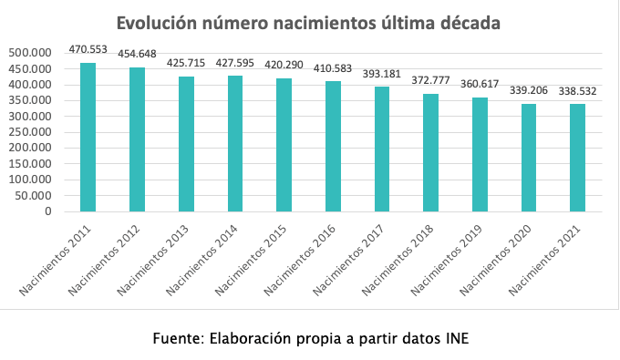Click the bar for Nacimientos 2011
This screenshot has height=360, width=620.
[88, 137]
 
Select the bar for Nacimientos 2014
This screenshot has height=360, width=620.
[235, 143]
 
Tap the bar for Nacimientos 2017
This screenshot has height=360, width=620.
[382, 149]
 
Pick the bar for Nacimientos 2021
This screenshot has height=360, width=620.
[578, 158]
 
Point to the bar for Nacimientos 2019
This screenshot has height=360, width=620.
[480, 154]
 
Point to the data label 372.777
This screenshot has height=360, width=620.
[431, 82]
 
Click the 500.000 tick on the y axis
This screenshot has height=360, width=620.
[33, 54]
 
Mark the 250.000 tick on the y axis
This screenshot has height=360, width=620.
[33, 132]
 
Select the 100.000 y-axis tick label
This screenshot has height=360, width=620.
[33, 180]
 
